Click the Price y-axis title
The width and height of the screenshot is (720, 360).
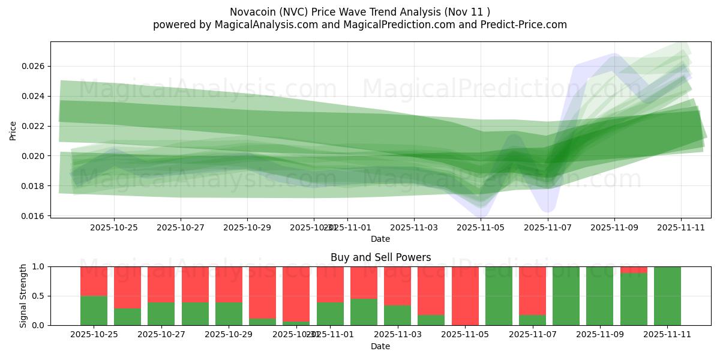coord(13,130)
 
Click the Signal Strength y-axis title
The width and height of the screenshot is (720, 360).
coord(23,296)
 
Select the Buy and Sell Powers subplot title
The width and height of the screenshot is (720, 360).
coord(380,257)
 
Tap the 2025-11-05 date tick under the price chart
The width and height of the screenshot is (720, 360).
coord(481,228)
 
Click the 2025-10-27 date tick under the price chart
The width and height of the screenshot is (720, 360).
coord(181,228)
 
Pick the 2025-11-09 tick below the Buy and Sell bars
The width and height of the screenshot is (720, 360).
coord(600,335)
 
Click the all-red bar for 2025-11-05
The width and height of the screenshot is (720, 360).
coord(465,296)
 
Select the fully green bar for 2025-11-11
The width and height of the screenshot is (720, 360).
coord(667,296)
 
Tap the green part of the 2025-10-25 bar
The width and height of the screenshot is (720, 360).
coord(94,310)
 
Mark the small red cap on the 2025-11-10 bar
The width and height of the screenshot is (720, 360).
coord(634,270)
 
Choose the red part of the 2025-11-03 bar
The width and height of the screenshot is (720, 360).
coord(398,286)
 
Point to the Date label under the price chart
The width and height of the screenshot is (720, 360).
coord(380,239)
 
